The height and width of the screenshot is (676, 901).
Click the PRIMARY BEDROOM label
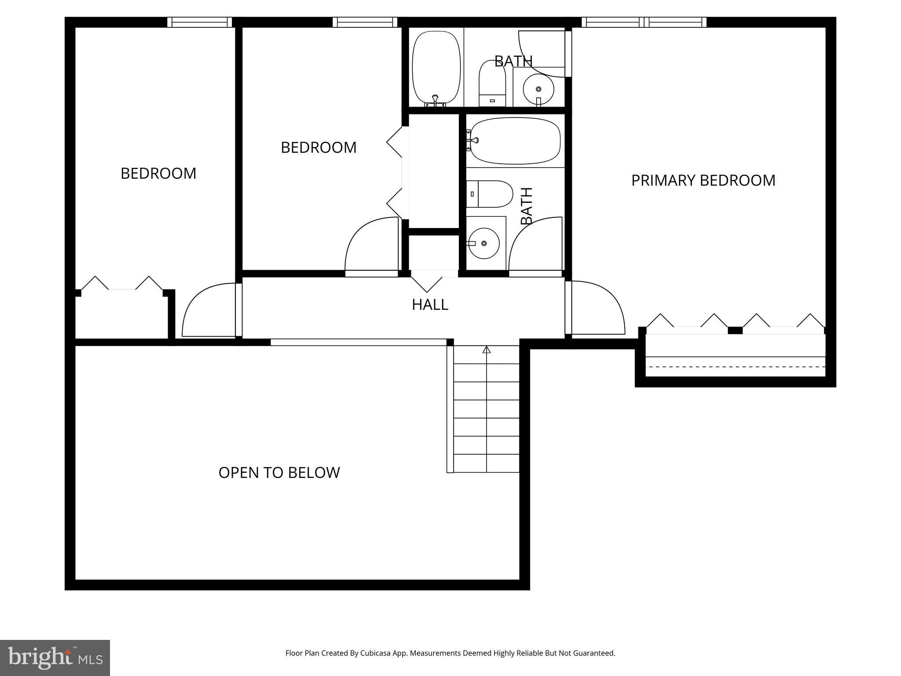pyautogui.click(x=703, y=180)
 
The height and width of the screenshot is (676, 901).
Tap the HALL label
pyautogui.click(x=430, y=305)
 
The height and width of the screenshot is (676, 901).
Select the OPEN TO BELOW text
pyautogui.click(x=279, y=473)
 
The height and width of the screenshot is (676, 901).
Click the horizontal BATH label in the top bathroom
pyautogui.click(x=513, y=61)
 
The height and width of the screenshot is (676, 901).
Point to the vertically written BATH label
pyautogui.click(x=527, y=206)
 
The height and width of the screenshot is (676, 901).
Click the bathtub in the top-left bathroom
pyautogui.click(x=436, y=66)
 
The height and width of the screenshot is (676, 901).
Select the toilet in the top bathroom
pyautogui.click(x=492, y=84)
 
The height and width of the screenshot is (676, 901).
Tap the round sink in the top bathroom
pyautogui.click(x=538, y=89)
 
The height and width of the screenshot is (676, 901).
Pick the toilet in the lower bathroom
pyautogui.click(x=490, y=194)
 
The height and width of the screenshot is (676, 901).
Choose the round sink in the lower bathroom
pyautogui.click(x=483, y=243)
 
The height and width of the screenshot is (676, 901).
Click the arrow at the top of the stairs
pyautogui.click(x=486, y=350)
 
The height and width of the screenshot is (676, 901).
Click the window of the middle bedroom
pyautogui.click(x=365, y=22)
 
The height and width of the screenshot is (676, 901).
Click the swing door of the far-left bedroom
pyautogui.click(x=207, y=310)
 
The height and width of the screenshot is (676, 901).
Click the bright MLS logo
pyautogui.click(x=55, y=658)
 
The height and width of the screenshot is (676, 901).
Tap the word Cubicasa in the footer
pyautogui.click(x=375, y=653)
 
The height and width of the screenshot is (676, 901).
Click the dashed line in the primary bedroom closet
pyautogui.click(x=735, y=367)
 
